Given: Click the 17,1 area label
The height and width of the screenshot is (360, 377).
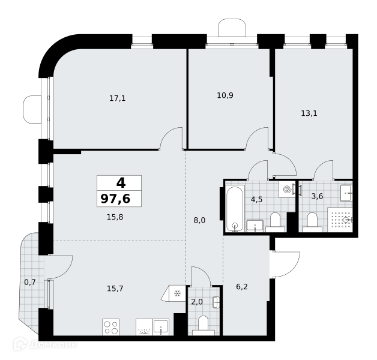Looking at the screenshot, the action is coord(117,98).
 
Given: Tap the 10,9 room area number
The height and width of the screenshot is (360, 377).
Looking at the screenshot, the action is coord(225,95).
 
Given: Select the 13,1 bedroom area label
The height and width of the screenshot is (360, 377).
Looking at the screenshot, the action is coord(309,113).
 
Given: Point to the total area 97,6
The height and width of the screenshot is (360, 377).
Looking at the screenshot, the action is coord(116,199).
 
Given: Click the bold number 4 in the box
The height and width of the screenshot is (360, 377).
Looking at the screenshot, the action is coord(121,183).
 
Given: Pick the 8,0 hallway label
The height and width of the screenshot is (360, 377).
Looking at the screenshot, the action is coord(199,220).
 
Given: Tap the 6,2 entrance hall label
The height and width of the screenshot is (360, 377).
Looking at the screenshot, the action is coord(242,287).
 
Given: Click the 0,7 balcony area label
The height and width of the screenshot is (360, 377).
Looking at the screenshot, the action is coord(30,282).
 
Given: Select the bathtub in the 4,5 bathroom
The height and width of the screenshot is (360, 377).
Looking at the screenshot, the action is coord(235,209).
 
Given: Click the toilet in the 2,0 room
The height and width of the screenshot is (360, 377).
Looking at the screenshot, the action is coord(204,325).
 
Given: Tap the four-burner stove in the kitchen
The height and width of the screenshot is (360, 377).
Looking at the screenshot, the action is coord(111,327).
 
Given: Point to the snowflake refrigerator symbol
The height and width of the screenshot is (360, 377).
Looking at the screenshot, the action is coord(177,293).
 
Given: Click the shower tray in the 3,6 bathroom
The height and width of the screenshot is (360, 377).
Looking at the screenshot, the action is coord(340,220).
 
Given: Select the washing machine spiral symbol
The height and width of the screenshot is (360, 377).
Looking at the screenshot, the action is coord(287,190).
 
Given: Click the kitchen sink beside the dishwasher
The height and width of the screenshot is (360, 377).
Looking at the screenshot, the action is coord(161,327).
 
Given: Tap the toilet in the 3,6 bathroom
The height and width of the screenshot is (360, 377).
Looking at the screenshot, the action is coord(312,222).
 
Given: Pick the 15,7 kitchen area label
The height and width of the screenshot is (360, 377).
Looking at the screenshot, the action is coord(115,289).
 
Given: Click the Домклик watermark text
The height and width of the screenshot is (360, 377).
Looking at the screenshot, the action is coord(53,345).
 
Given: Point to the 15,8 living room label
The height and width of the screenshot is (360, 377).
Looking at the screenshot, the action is coord(115,217).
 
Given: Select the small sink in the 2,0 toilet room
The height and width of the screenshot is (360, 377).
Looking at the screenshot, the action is coord(216,302).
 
